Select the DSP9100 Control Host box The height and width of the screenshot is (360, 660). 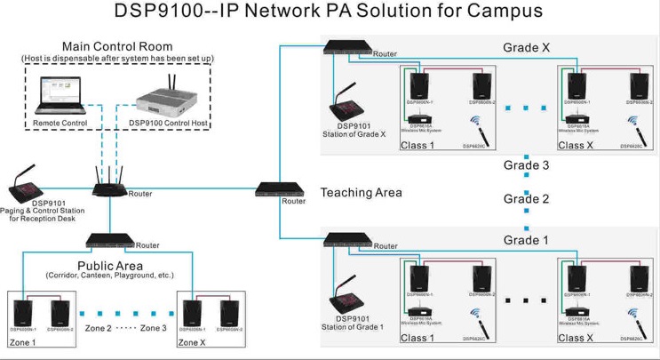pos(169,99)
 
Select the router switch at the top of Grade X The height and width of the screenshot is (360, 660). pos(346,46)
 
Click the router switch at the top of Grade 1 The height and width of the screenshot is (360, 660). pos(346,239)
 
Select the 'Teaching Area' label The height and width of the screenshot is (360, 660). pos(362,192)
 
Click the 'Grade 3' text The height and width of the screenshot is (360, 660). pos(527,165)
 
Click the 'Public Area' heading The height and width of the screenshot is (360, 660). pos(113,265)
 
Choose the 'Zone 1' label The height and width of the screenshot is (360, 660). pos(22,342)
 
